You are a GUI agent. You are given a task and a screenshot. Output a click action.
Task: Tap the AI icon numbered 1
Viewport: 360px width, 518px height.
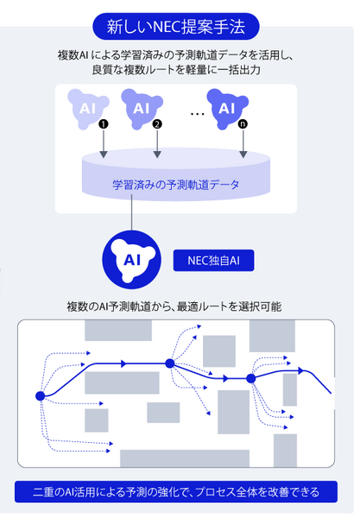click(87, 109)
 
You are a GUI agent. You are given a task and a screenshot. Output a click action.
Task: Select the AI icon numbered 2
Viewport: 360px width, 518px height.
click(142, 109)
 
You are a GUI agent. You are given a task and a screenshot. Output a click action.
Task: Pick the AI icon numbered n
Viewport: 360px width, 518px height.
click(227, 108)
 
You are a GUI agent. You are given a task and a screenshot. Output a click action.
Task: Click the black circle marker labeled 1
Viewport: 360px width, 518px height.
click(103, 123)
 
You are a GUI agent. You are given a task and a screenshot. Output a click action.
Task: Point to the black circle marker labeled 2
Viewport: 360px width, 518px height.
click(156, 123)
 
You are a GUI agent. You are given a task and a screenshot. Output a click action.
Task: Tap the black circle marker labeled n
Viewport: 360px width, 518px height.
click(243, 123)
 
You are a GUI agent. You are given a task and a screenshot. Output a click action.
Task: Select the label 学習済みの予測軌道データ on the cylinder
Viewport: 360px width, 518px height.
click(176, 184)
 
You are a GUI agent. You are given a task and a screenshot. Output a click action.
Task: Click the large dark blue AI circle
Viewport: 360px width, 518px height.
click(132, 259)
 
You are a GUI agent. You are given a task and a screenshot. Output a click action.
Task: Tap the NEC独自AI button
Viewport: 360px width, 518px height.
click(212, 259)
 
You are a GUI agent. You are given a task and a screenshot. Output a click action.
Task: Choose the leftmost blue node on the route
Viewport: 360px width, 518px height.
click(40, 395)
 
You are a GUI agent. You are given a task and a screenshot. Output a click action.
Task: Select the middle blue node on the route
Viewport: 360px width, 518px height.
click(170, 363)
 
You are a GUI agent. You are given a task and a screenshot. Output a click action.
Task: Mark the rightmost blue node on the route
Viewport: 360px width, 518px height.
click(251, 378)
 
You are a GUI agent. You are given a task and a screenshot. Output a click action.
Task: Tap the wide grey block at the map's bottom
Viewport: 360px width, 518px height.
click(184, 458)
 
